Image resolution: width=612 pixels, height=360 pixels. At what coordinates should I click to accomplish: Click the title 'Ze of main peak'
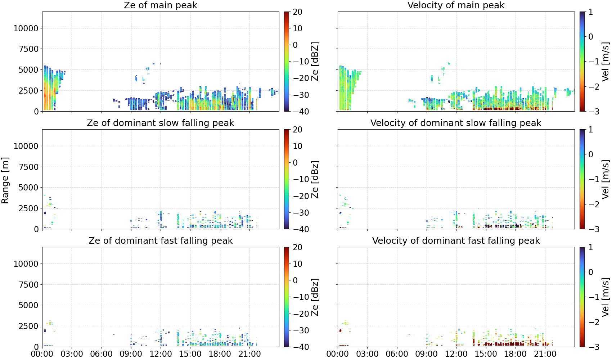tap(160, 5)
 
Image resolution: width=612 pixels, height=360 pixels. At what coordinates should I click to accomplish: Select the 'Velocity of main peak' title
tap(456, 5)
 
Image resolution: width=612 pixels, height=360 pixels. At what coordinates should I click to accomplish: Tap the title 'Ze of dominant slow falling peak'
tap(160, 123)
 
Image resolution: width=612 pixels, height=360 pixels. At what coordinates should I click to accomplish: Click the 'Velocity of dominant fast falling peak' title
tap(456, 240)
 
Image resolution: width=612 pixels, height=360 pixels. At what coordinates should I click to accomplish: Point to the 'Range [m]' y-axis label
tap(5, 180)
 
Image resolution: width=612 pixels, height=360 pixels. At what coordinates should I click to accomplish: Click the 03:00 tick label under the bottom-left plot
tap(72, 354)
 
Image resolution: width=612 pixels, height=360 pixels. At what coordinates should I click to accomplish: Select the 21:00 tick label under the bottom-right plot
tap(545, 354)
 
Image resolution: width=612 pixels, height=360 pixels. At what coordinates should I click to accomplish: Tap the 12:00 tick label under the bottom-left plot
tap(161, 354)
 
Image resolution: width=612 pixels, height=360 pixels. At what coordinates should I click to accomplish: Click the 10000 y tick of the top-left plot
tap(26, 28)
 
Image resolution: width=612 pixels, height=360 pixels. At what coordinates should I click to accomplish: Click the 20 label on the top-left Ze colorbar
tap(297, 12)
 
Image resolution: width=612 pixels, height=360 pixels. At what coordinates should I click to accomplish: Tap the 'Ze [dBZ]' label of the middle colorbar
tap(315, 179)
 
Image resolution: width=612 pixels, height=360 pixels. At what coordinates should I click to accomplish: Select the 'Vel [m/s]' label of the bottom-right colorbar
tap(606, 297)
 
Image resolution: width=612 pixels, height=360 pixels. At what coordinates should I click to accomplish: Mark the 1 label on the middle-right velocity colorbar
tap(591, 130)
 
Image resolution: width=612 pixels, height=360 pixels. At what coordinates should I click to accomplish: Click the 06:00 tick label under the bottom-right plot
tap(397, 354)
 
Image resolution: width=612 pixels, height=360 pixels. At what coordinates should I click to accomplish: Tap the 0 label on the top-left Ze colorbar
tap(295, 45)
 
